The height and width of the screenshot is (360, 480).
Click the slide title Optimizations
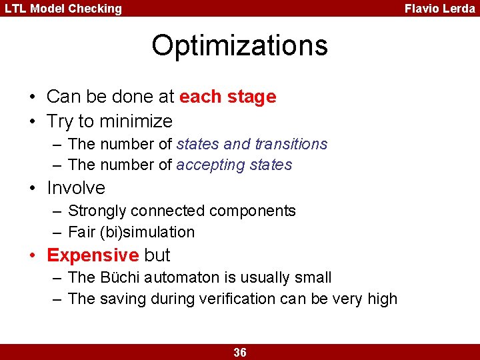(x=239, y=45)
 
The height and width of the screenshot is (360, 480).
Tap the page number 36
(x=240, y=353)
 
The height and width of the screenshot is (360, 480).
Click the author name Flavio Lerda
(x=439, y=9)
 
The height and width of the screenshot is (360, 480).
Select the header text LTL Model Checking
(x=64, y=9)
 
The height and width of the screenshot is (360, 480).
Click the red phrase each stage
(x=227, y=97)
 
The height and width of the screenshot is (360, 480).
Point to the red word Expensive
(x=93, y=255)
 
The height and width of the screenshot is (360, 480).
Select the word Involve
(x=76, y=187)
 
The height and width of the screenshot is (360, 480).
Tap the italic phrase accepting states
(x=234, y=165)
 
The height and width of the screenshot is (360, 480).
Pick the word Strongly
(x=97, y=211)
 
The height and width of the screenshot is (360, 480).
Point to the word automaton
(x=178, y=277)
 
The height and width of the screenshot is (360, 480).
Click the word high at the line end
(x=383, y=299)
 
